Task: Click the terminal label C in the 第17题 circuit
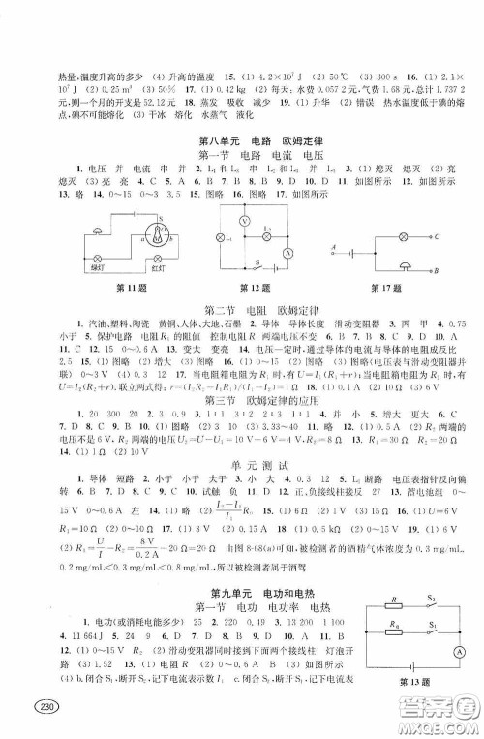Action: coord(438,236)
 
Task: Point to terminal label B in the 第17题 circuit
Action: coord(438,272)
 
